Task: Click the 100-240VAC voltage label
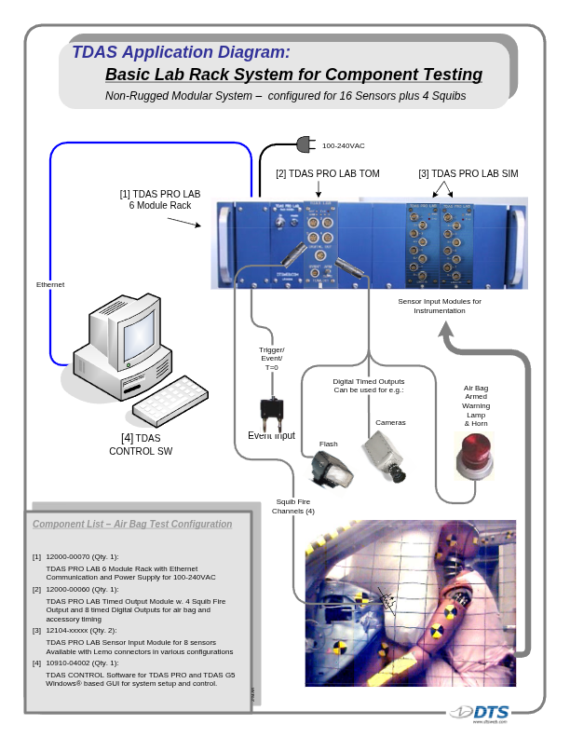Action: [x=344, y=146]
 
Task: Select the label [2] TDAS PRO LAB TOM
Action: [x=327, y=174]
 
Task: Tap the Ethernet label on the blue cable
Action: [x=50, y=284]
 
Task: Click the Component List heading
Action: [x=132, y=525]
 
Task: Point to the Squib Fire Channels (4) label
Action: [x=293, y=506]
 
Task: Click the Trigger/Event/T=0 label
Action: [x=271, y=359]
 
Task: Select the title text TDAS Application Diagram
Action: [x=181, y=52]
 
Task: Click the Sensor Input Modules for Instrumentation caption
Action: [x=440, y=306]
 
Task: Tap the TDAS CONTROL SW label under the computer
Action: [x=141, y=444]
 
